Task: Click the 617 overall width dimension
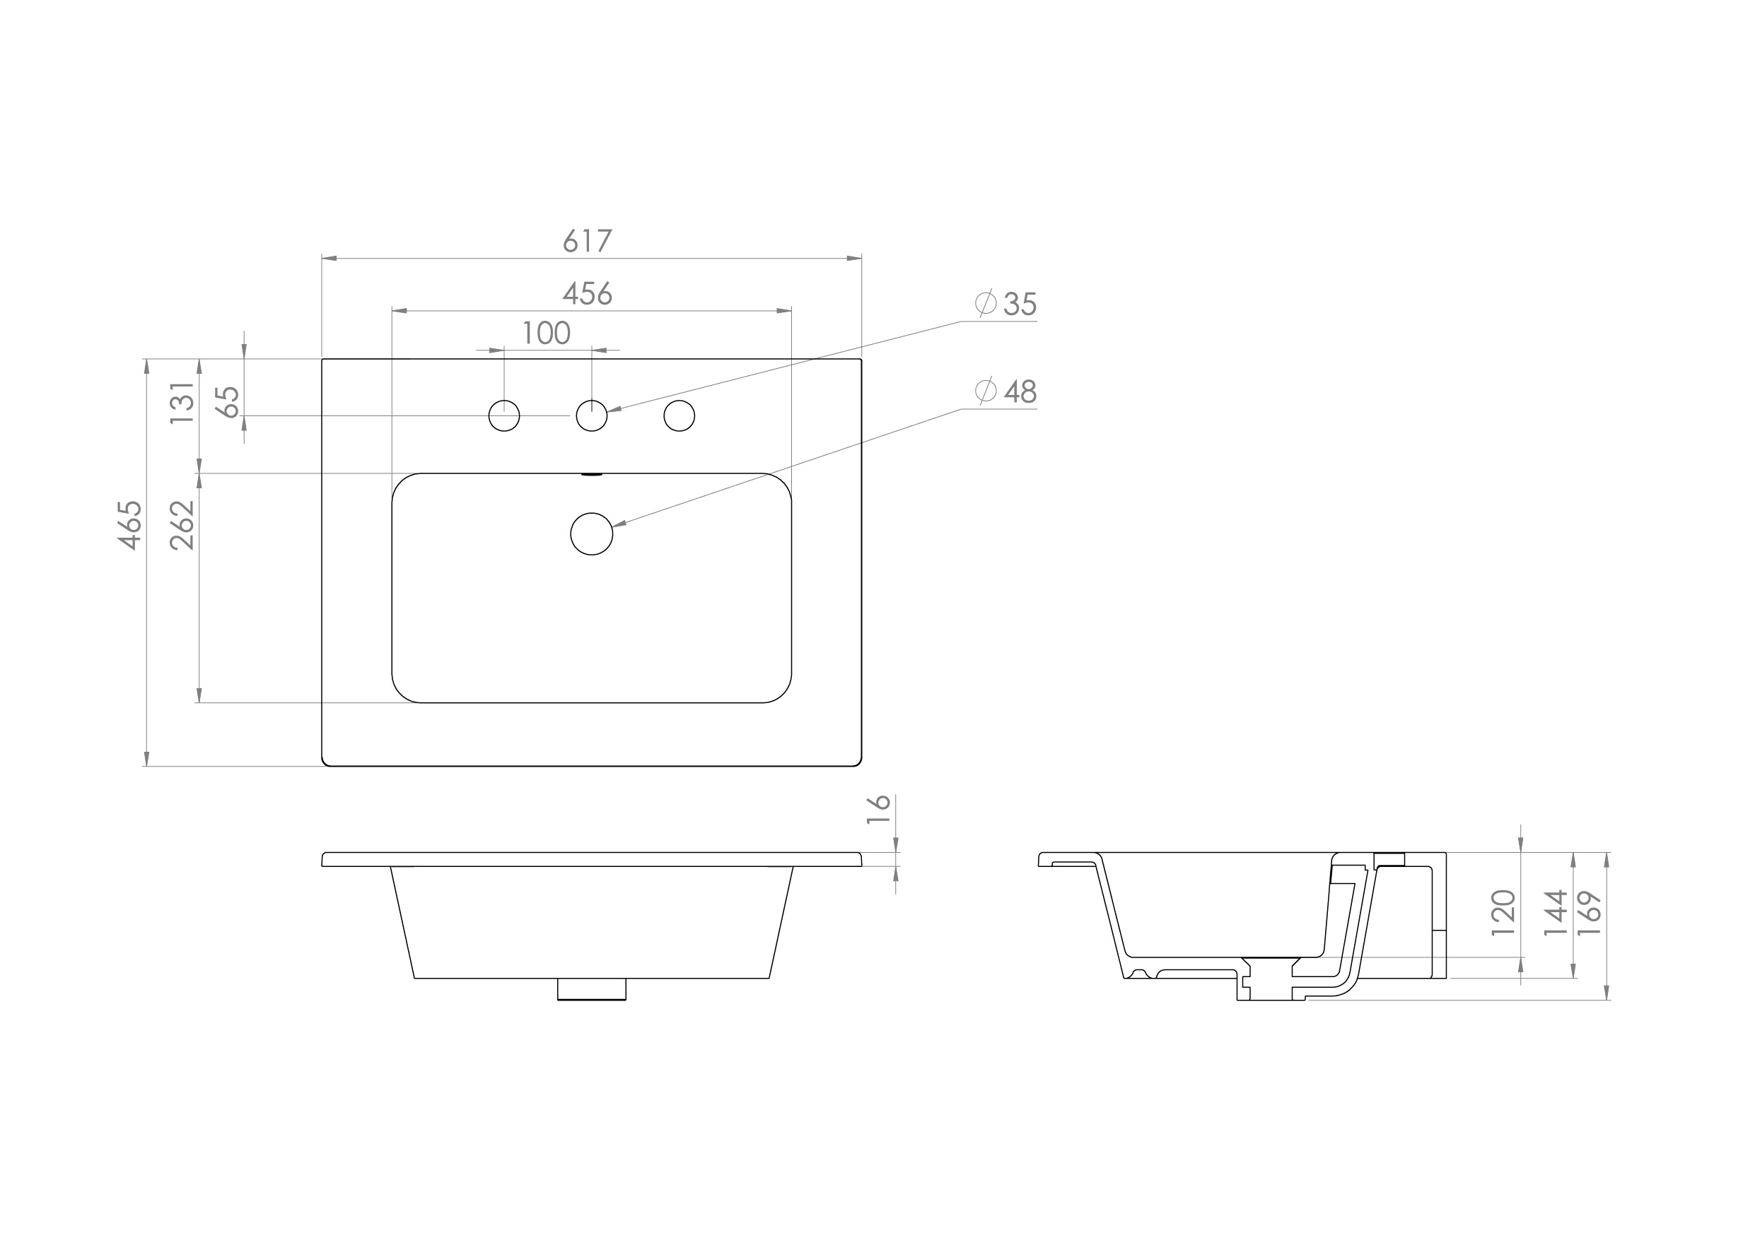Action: [x=587, y=242]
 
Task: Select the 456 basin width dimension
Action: [x=587, y=293]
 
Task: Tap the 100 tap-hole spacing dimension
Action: [x=547, y=333]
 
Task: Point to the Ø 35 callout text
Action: [x=1008, y=304]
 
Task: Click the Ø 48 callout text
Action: [x=1008, y=391]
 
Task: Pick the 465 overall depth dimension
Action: [x=130, y=525]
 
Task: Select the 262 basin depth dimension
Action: [x=182, y=525]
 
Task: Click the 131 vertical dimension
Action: [x=182, y=403]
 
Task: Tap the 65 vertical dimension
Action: [x=228, y=402]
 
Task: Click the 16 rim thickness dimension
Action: [x=879, y=809]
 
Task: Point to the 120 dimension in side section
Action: [x=1503, y=913]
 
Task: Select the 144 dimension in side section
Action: [x=1556, y=913]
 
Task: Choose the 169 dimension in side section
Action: [x=1590, y=913]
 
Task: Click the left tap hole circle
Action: [x=503, y=415]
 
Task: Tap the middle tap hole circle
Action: [x=592, y=415]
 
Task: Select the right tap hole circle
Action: [x=679, y=415]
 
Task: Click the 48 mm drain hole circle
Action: [x=592, y=533]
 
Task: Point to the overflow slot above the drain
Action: [x=592, y=475]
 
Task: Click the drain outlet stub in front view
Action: [x=592, y=988]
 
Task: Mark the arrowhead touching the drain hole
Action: [x=619, y=525]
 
